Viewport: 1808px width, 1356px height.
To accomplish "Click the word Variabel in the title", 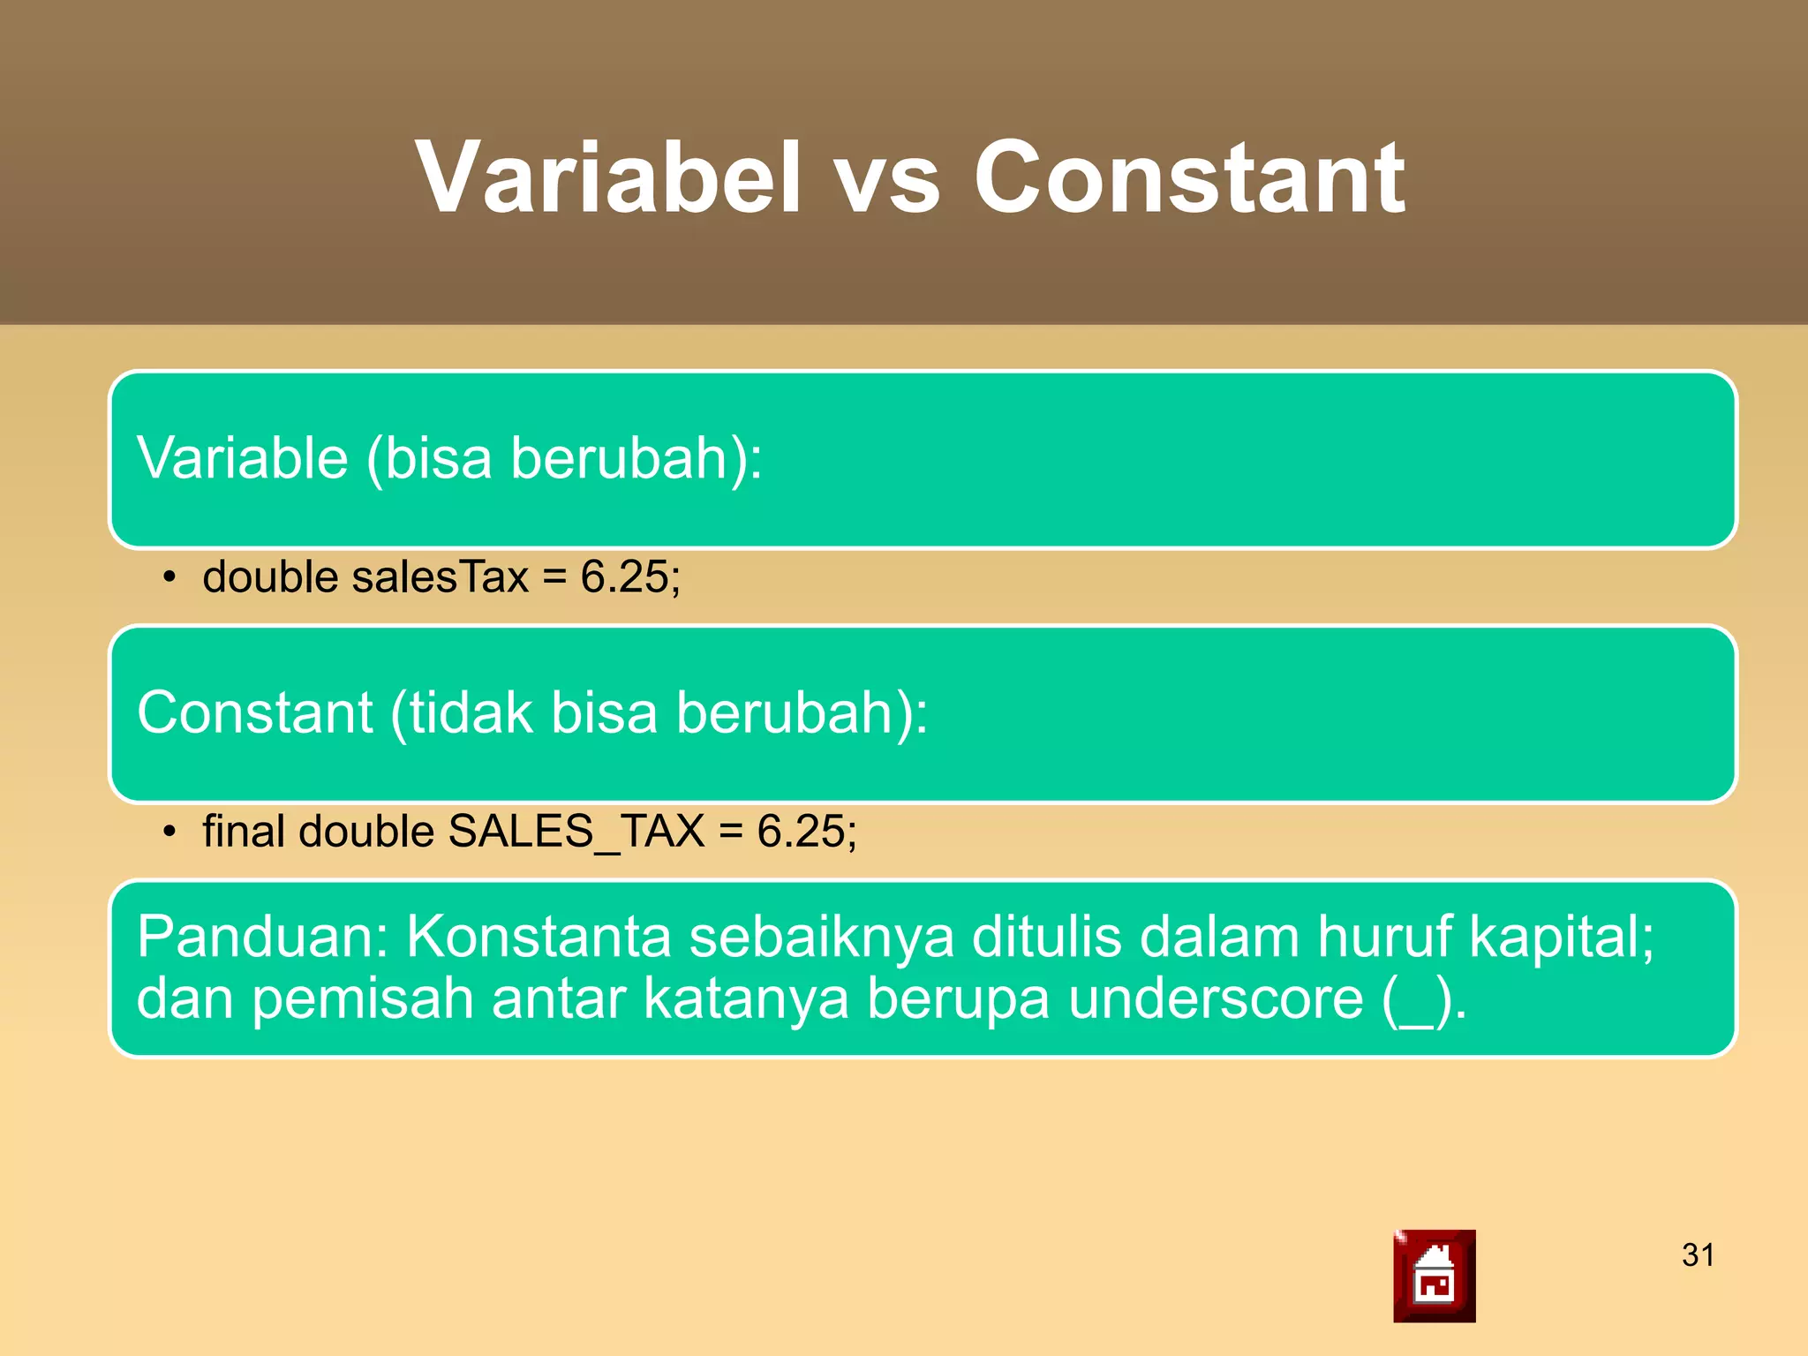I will tap(608, 178).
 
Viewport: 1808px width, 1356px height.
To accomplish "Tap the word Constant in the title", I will tap(1188, 178).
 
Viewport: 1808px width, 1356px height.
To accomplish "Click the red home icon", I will tap(1434, 1276).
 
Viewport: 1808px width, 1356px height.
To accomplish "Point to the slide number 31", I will tap(1698, 1254).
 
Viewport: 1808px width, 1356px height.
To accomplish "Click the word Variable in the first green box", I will tap(243, 459).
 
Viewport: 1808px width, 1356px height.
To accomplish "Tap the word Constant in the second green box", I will tap(254, 712).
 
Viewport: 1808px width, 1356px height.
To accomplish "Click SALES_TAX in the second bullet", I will tap(576, 832).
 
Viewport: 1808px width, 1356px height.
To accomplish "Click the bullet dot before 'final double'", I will tap(169, 833).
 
